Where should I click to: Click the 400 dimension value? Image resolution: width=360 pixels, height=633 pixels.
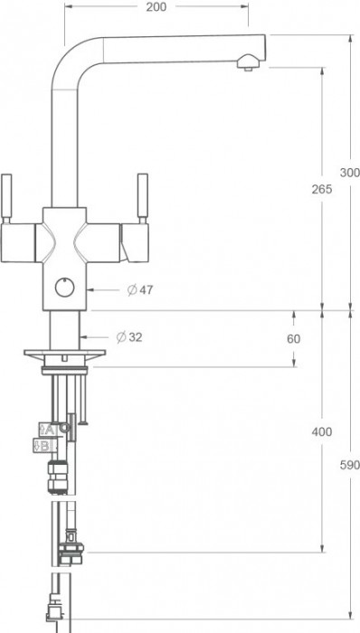click(321, 431)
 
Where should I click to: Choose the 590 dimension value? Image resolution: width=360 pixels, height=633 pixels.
click(349, 466)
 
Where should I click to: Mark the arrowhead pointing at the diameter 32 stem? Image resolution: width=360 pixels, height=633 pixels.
click(86, 337)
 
